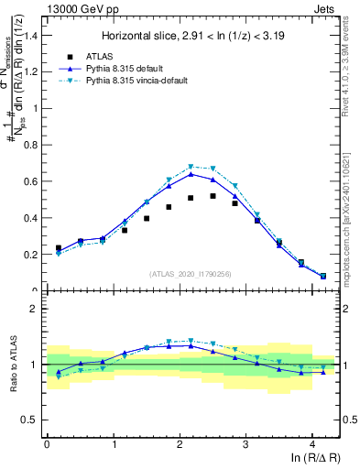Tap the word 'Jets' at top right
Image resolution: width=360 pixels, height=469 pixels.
324,7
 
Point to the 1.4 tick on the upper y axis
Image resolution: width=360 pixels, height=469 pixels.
31,35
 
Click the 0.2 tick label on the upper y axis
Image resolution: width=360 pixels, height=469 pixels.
31,255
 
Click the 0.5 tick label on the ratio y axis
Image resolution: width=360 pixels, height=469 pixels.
31,420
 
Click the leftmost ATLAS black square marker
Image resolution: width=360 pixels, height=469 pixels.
58,247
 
